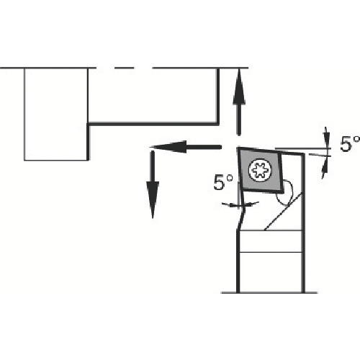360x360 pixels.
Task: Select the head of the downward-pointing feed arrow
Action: point(153,200)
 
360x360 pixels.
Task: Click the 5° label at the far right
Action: point(350,144)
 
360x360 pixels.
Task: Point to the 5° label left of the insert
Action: point(223,182)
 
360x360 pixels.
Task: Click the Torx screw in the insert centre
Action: point(261,170)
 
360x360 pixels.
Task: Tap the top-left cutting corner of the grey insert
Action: point(238,148)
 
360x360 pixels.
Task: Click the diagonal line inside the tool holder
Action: point(283,212)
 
